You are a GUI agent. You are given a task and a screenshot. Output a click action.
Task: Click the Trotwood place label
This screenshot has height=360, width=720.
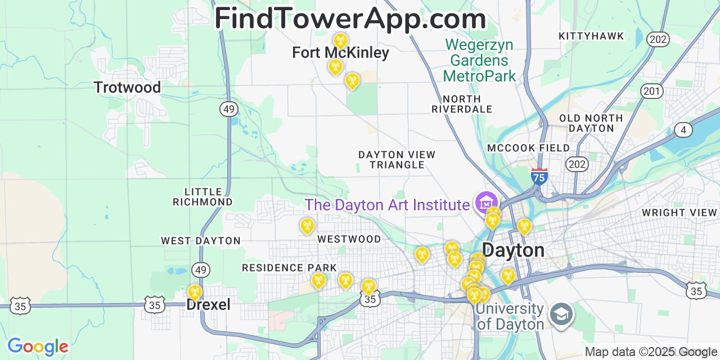pos(127,88)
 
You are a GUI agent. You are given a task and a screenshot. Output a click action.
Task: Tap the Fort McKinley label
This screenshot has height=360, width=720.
pos(340,53)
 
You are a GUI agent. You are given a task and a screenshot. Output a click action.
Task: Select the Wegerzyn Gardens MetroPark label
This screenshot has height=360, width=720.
pos(479,60)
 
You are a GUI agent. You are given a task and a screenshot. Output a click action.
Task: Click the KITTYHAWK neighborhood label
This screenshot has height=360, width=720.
pos(591,36)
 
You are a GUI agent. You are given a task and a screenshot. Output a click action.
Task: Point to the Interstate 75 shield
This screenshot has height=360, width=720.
pos(539,177)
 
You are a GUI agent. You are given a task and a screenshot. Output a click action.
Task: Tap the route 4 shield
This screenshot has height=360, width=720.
pos(683,130)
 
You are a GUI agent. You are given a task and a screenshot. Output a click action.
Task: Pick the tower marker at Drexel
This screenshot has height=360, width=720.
pos(195,292)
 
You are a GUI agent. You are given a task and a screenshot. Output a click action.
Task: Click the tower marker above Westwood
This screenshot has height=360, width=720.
pos(307,226)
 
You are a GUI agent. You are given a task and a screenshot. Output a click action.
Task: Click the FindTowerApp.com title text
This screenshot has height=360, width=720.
pos(350,18)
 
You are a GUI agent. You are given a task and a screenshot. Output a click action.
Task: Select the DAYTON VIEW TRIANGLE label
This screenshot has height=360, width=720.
pos(397,160)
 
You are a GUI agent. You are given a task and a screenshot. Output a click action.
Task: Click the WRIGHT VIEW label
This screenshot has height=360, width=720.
pos(679,213)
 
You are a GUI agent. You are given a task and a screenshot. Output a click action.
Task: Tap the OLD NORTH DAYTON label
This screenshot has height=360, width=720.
pos(591,123)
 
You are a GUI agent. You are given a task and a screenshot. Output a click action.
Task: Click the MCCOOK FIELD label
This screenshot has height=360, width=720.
pos(528,148)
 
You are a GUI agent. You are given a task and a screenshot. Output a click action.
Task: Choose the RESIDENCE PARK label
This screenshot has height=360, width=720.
pos(289,268)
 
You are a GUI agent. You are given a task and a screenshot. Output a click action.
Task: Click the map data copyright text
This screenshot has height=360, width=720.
pos(647,352)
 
